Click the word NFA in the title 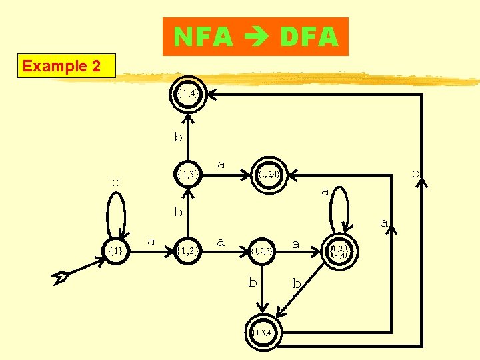click(203, 37)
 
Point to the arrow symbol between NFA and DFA click(256, 38)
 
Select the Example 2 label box click(66, 66)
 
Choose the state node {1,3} click(188, 174)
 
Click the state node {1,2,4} click(269, 175)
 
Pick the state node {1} click(115, 251)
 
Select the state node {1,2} click(188, 251)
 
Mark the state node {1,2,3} click(262, 251)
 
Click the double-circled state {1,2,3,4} click(340, 251)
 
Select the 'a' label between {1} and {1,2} click(151, 241)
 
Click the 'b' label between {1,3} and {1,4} click(178, 137)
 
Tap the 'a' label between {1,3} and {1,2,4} click(221, 163)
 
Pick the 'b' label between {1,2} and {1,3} click(178, 212)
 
